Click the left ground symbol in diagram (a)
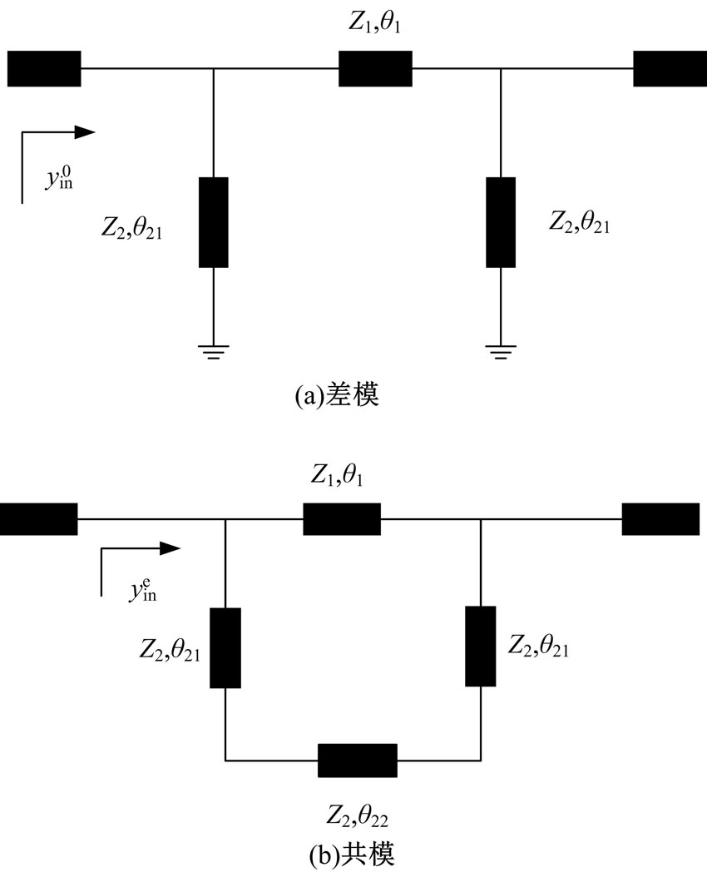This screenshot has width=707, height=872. click(214, 352)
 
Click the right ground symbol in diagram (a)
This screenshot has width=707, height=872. click(500, 352)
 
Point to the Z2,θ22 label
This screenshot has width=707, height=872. click(357, 811)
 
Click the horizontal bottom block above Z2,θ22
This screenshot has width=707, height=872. click(358, 760)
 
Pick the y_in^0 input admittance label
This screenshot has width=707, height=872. click(59, 178)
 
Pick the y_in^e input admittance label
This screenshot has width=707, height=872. click(143, 591)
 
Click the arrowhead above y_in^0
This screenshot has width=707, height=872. click(86, 131)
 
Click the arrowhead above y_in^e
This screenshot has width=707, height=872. click(170, 548)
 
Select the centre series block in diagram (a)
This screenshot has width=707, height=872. click(375, 68)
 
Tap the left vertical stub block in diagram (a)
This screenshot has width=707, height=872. click(214, 222)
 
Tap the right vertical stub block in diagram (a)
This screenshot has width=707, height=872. click(500, 222)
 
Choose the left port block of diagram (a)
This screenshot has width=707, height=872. click(44, 68)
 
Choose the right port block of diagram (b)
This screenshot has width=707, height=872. click(660, 518)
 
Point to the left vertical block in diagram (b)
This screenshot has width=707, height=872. click(225, 648)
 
